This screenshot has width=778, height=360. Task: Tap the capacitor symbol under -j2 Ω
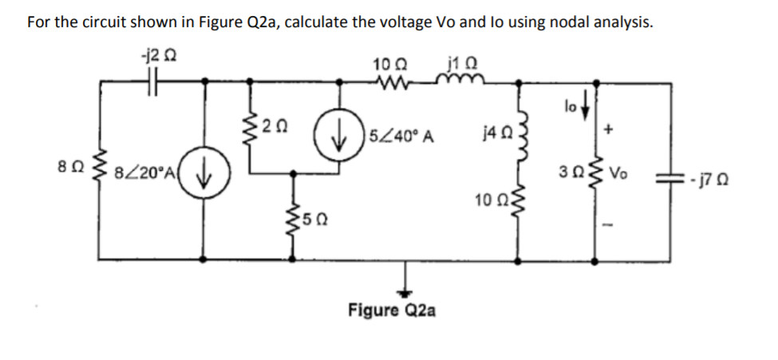tap(152, 81)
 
